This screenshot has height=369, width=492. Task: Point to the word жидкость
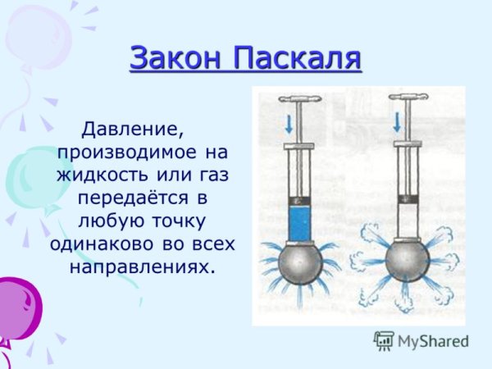tap(110, 175)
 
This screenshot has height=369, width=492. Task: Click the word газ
tap(208, 175)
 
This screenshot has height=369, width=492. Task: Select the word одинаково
tap(107, 244)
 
